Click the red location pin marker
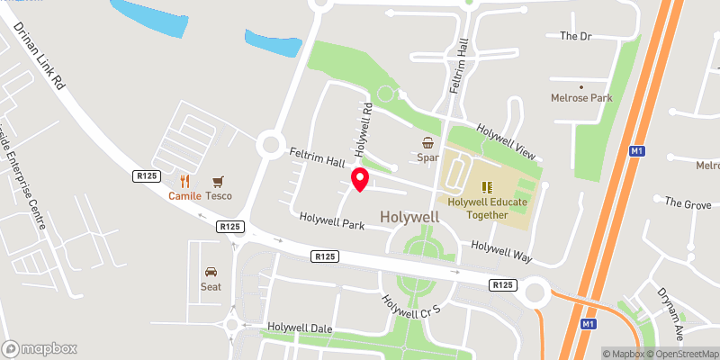[359, 179]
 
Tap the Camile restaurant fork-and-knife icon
[185, 180]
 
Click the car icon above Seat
[211, 271]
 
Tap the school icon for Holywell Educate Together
[487, 187]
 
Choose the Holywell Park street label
[332, 220]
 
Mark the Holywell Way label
[502, 251]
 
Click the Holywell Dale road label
[300, 328]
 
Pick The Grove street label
[687, 203]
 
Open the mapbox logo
[40, 348]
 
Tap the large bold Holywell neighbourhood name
[409, 217]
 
